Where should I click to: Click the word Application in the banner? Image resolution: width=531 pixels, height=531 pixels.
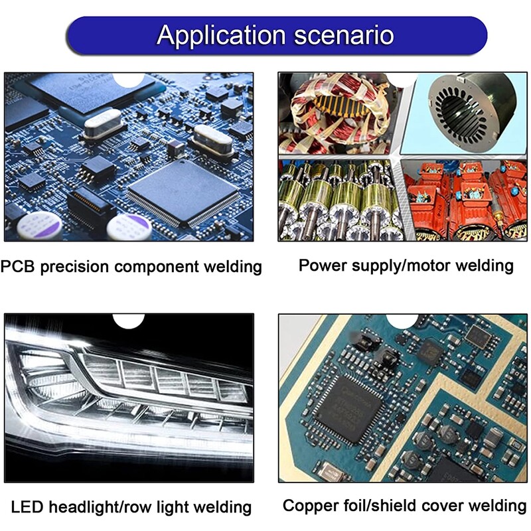pos(222,36)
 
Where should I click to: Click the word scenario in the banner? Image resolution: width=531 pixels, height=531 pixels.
pos(344,35)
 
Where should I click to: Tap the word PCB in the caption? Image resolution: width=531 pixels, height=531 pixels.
pos(17,266)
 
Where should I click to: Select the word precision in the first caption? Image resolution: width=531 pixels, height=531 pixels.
pos(74,267)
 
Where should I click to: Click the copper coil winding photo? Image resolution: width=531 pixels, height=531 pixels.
pos(339,114)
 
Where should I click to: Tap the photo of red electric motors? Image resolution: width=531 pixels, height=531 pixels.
pos(466,200)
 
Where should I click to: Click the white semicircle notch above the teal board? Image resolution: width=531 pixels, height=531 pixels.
pos(402,321)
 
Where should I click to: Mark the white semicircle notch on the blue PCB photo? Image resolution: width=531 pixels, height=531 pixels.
pos(129,80)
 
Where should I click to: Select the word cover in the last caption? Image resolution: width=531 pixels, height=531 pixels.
pos(443,506)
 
